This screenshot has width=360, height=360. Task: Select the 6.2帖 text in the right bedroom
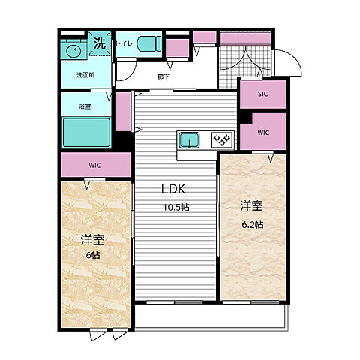[x=252, y=225]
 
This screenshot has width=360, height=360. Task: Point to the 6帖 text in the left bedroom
[x=91, y=255]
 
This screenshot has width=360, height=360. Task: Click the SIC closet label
[x=262, y=94]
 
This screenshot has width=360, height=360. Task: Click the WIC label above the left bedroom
[x=93, y=164]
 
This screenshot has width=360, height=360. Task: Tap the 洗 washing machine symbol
[x=100, y=43]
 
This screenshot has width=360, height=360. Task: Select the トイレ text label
[x=124, y=43]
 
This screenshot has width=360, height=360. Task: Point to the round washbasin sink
[x=73, y=51]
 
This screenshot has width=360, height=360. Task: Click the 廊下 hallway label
[x=163, y=76]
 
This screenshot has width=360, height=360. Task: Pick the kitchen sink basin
[x=188, y=139]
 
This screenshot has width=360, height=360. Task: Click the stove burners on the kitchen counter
[x=222, y=139]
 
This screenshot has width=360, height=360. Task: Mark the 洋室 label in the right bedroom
[x=252, y=204]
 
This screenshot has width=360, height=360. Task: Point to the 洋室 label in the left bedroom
[x=91, y=240]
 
